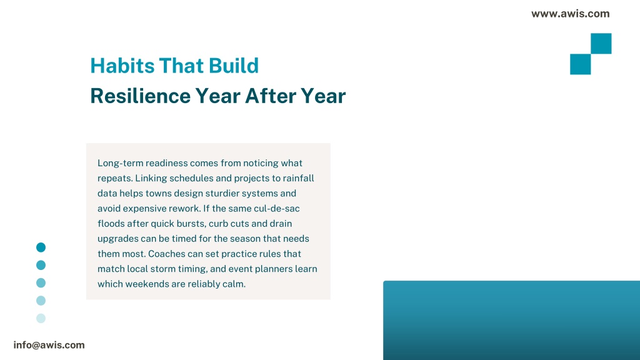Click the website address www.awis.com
click(x=570, y=14)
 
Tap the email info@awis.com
click(x=49, y=345)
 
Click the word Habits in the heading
click(x=122, y=66)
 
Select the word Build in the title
click(x=234, y=66)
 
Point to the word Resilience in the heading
click(x=140, y=96)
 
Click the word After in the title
click(x=270, y=96)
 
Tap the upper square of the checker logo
click(x=601, y=44)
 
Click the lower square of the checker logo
click(x=581, y=64)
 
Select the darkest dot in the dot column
click(x=41, y=247)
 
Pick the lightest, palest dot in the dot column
click(x=41, y=318)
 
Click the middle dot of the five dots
click(x=41, y=283)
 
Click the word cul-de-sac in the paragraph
click(x=277, y=209)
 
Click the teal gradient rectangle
click(x=511, y=321)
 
